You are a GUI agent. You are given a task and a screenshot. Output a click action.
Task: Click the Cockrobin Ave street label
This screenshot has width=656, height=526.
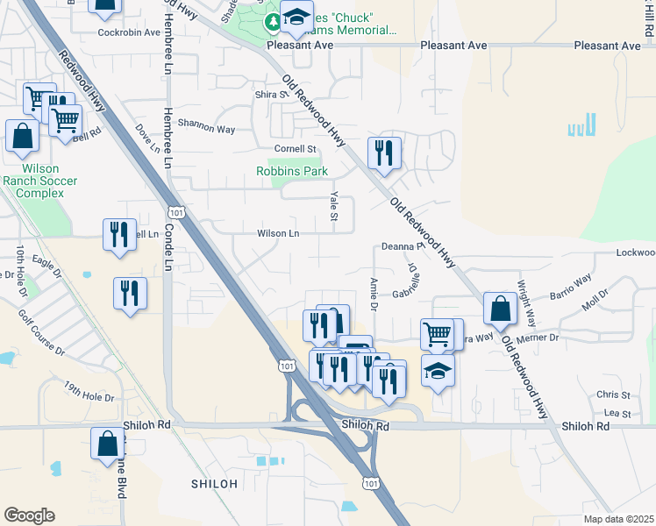(130, 32)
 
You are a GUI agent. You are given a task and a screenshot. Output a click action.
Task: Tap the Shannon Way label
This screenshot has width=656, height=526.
(207, 126)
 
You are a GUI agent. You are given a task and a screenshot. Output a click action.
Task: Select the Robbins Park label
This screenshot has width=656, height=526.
(291, 172)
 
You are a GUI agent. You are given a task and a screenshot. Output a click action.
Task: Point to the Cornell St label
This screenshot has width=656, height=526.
(295, 149)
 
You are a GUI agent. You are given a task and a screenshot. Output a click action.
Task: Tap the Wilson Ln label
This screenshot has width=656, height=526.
(278, 233)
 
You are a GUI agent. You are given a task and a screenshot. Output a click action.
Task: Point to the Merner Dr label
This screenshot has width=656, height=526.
(537, 337)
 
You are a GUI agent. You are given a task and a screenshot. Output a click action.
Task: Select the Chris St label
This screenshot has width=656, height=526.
(614, 395)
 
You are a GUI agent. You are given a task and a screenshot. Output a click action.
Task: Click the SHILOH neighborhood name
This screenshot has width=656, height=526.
(214, 484)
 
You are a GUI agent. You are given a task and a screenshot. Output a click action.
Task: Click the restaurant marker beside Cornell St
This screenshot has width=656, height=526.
(384, 153)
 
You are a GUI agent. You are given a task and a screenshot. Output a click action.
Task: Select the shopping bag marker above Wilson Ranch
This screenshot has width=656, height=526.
(22, 136)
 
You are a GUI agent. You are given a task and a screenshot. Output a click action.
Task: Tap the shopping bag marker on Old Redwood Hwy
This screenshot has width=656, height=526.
(499, 309)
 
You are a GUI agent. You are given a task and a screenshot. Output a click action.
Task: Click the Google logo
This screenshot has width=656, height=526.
(29, 515)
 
